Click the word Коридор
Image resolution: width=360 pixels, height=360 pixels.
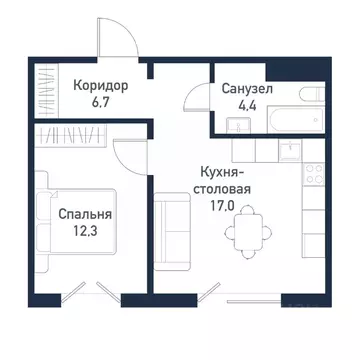(x=101, y=84)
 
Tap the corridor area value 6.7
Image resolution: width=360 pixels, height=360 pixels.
(x=101, y=102)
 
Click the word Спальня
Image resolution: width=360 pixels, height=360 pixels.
(x=85, y=214)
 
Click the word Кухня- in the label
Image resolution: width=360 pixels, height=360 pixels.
(x=220, y=171)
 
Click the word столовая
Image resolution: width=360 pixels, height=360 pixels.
(x=222, y=188)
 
